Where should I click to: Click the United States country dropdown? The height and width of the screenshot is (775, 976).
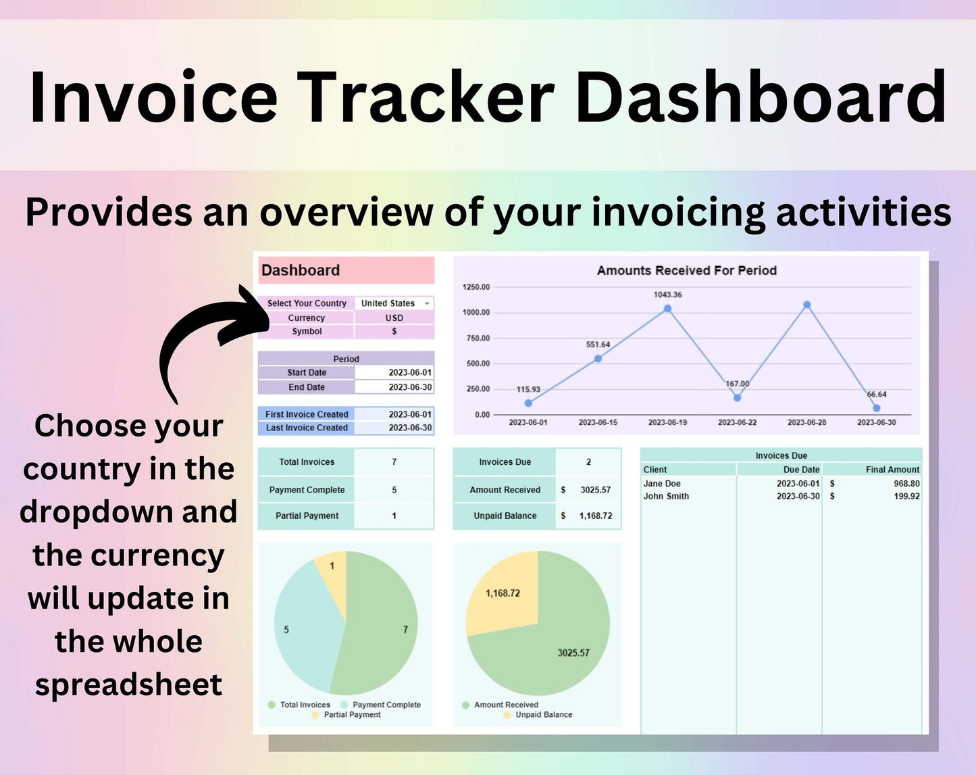[x=394, y=303]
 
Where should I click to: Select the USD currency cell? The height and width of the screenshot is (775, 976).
[x=394, y=318]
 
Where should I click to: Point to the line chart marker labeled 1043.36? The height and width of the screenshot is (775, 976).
[x=667, y=309]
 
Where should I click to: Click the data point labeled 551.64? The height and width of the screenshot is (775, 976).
[x=598, y=359]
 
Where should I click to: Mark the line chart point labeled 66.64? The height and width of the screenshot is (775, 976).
[x=877, y=408]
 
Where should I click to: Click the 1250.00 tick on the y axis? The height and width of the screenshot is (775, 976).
[x=476, y=286]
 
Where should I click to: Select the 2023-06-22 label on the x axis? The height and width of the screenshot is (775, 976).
[x=737, y=422]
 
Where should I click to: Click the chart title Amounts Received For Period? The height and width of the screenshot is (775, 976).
[x=687, y=270]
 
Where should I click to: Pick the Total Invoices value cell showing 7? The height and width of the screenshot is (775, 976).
[x=394, y=462]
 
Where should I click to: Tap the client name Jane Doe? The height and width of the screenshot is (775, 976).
[x=662, y=484]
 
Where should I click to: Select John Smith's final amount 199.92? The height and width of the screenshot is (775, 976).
[x=906, y=497]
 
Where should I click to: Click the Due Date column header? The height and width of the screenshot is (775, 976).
[x=801, y=470]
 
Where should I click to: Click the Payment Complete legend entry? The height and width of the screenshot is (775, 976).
[x=381, y=705]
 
